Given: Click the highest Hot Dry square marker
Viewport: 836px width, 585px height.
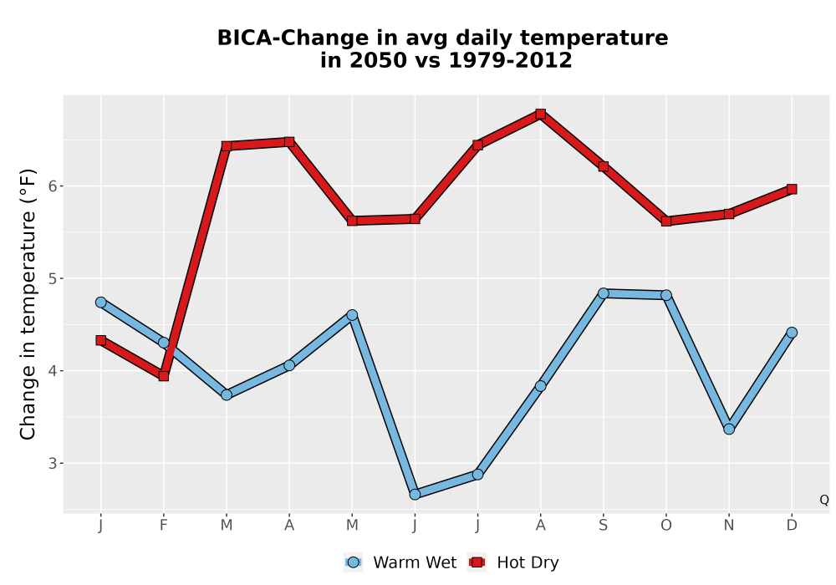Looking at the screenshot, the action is [540, 114].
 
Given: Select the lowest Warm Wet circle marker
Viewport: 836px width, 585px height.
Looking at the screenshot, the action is [415, 495].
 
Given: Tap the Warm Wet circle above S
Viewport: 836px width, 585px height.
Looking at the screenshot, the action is [603, 293].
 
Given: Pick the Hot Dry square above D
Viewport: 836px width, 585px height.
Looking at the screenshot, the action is [792, 189].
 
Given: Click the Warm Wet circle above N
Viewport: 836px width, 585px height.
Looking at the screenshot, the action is [729, 429].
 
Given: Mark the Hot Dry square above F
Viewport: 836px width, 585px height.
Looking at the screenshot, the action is [164, 376].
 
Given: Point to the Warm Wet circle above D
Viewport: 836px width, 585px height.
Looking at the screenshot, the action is [792, 333].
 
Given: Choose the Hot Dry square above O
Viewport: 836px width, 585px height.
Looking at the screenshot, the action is [666, 221].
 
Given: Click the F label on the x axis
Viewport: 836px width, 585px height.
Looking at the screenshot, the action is [164, 526].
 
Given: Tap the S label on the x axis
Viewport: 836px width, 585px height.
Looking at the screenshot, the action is [603, 526].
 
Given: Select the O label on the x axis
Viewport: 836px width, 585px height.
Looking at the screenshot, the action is [666, 526].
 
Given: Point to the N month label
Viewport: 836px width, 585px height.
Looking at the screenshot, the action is [729, 526].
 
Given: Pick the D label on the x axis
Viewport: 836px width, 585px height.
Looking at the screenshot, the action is [792, 526].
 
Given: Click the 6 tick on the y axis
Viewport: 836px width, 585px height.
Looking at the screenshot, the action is [53, 186].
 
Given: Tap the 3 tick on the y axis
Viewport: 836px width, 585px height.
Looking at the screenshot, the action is [53, 463].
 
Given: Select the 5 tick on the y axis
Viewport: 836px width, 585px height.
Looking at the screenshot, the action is [53, 278].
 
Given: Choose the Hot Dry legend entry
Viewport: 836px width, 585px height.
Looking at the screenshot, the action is [513, 562].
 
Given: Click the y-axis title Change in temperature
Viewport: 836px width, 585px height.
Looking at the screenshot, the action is [28, 304].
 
